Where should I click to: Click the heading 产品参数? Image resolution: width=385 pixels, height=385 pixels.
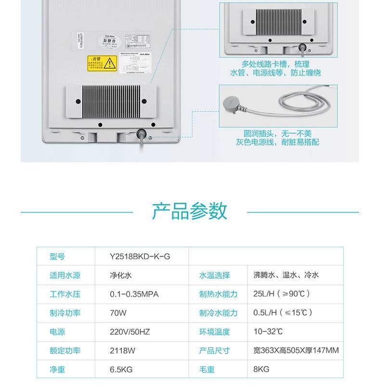(x=189, y=211)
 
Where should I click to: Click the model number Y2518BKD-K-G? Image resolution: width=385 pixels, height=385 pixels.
(x=140, y=257)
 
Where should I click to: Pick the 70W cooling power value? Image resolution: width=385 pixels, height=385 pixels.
(x=118, y=313)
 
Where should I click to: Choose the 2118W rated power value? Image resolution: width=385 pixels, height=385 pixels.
(x=121, y=350)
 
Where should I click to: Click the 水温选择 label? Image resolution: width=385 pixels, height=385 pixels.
(x=215, y=275)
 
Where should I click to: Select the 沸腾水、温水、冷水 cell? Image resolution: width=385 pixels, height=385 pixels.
(x=286, y=275)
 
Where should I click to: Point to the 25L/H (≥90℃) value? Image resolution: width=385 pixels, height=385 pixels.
(x=282, y=294)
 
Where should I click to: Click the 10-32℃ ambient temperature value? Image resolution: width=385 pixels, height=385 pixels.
(x=268, y=332)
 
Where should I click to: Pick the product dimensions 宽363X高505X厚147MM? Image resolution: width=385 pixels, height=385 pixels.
(x=296, y=350)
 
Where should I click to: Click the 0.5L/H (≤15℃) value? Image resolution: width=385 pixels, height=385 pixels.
(x=283, y=313)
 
